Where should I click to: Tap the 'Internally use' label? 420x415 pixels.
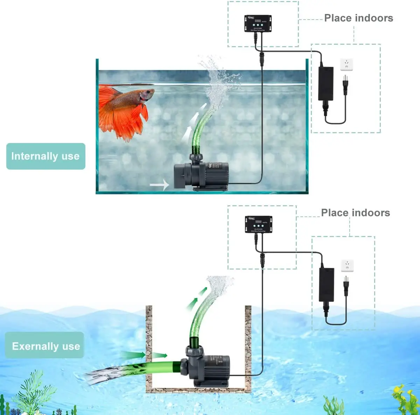(x=45, y=156)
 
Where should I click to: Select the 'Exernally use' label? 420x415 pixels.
(x=46, y=346)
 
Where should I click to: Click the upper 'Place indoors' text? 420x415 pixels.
(x=358, y=18)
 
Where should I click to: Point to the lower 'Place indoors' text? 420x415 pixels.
(x=355, y=213)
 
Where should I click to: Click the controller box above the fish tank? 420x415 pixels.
(x=258, y=24)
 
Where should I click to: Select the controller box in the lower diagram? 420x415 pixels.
(x=258, y=224)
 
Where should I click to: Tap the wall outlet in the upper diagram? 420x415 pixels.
(x=346, y=64)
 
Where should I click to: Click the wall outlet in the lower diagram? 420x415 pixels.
(x=347, y=266)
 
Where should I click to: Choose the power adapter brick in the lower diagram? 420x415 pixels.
(x=327, y=285)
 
